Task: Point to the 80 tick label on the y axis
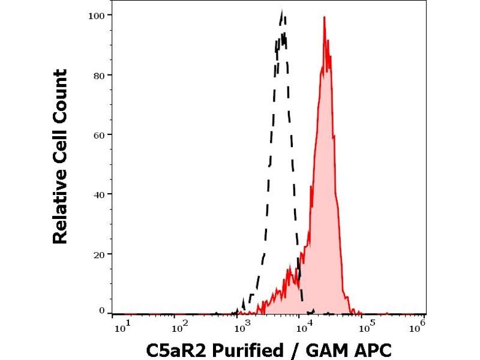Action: [x=99, y=75]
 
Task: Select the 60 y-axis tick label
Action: [x=99, y=134]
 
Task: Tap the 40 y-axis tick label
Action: [x=99, y=194]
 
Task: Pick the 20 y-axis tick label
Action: [x=99, y=254]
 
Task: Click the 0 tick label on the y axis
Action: [x=101, y=311]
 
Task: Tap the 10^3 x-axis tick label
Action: [x=241, y=328]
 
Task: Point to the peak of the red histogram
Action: [x=324, y=17]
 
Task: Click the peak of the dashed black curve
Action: [x=282, y=11]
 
